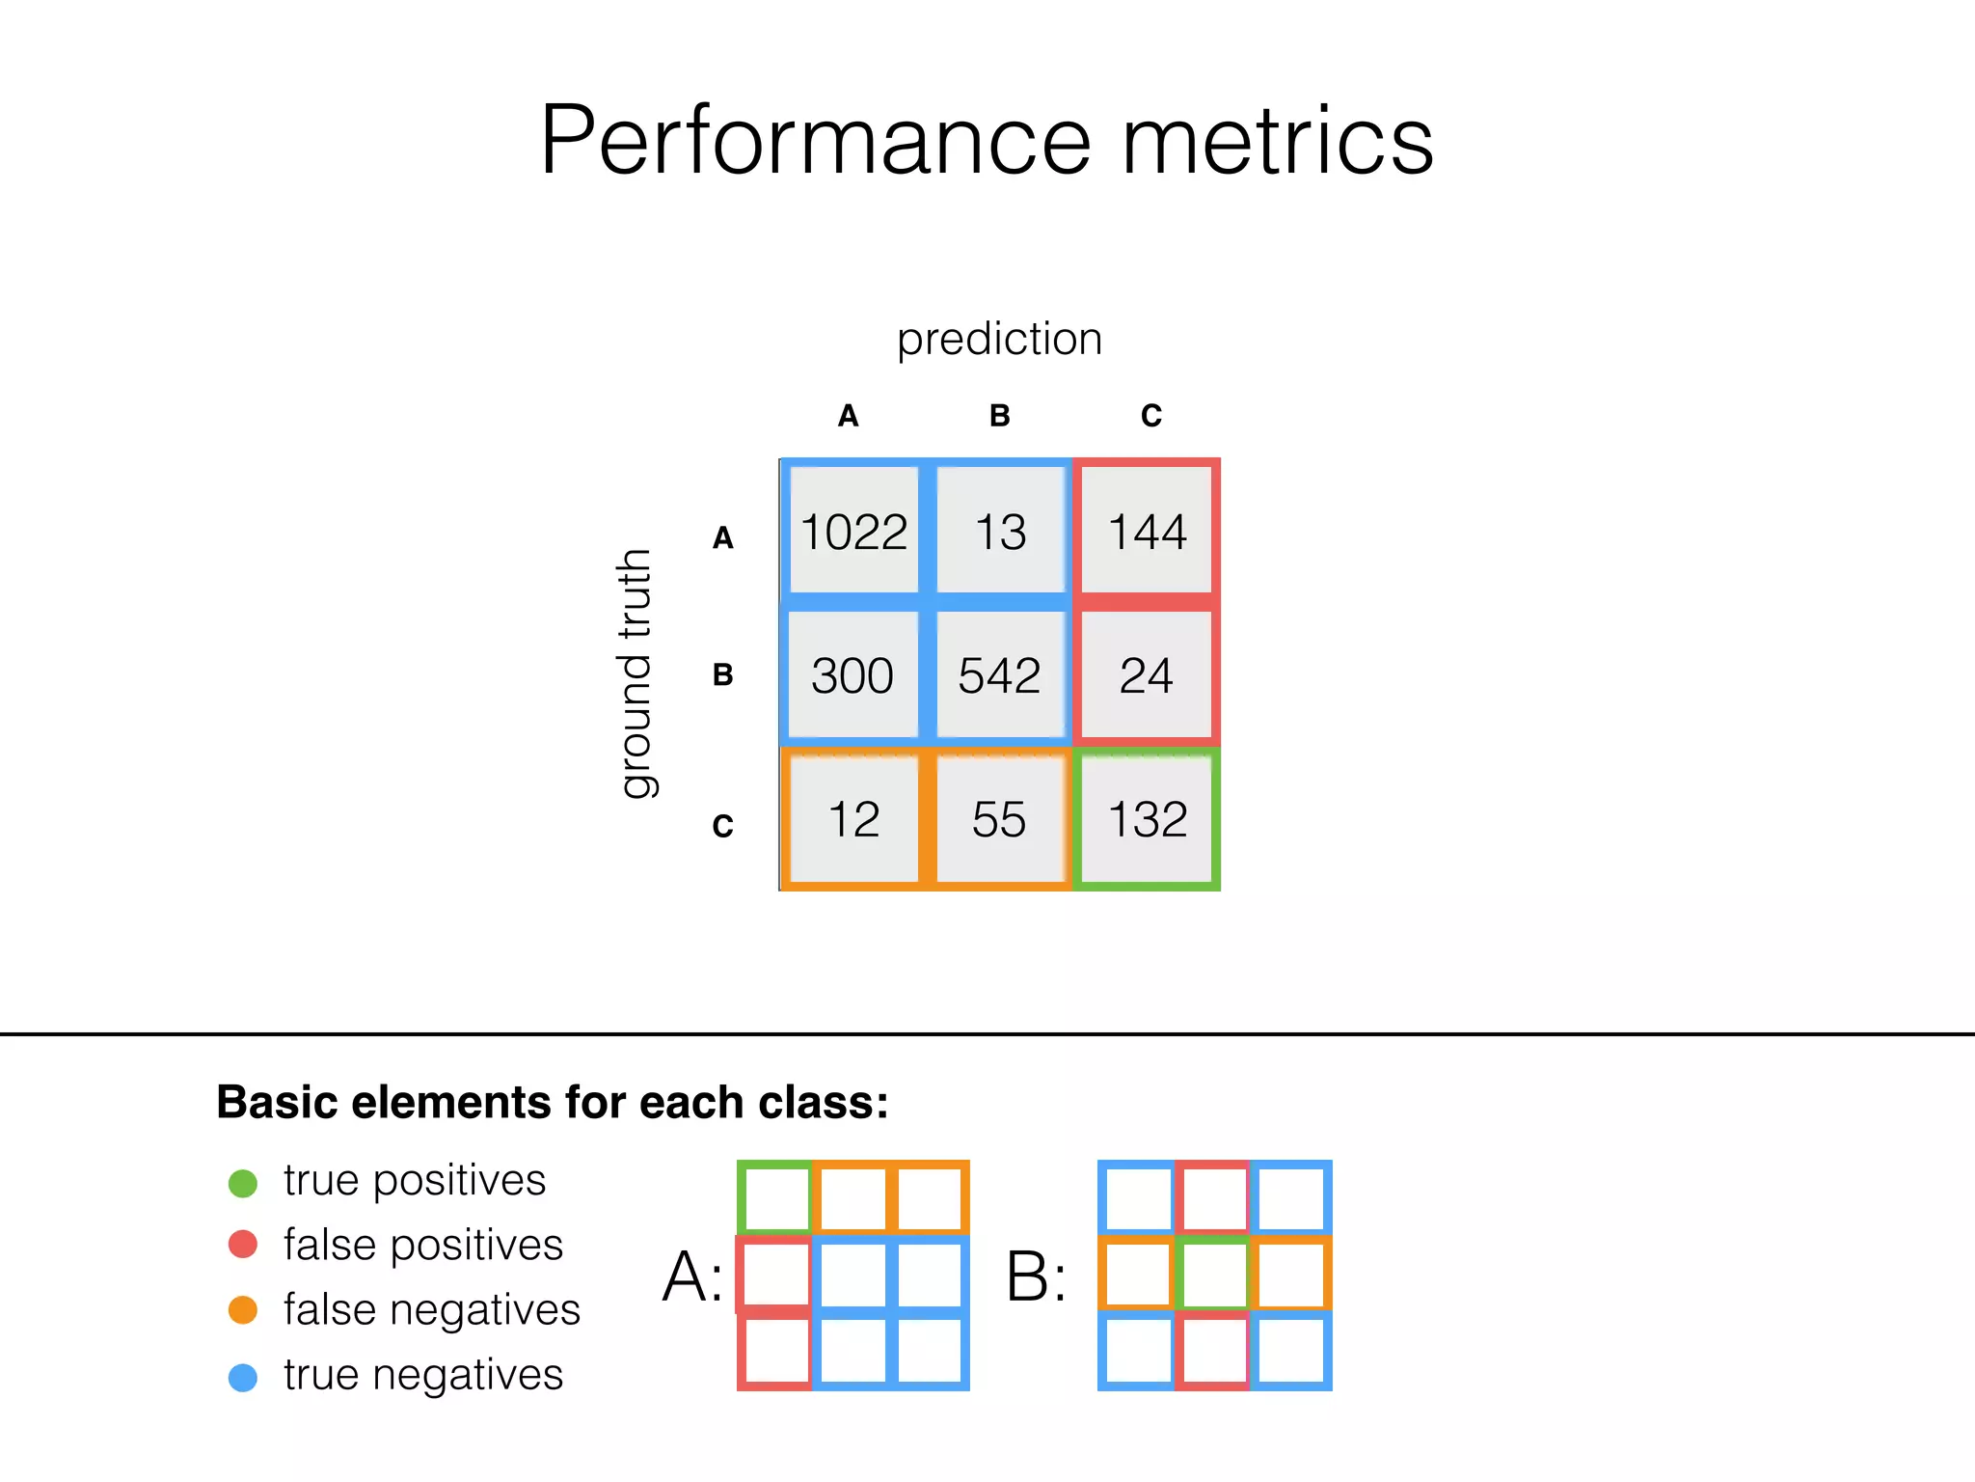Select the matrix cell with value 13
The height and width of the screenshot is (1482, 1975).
click(x=1000, y=532)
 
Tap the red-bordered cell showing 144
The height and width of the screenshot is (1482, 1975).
click(x=1147, y=532)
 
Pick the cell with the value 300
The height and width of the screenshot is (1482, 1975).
click(x=852, y=675)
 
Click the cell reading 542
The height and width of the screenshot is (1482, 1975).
click(x=1000, y=675)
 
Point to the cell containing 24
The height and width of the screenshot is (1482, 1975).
click(x=1147, y=675)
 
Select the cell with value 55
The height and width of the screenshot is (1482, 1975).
click(x=1000, y=819)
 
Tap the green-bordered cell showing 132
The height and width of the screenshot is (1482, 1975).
click(x=1147, y=819)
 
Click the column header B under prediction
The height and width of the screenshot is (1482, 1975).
click(x=1000, y=416)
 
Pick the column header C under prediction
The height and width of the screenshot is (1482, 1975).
click(x=1151, y=416)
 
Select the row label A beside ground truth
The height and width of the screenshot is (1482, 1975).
click(x=723, y=538)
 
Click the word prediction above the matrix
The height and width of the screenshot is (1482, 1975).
click(x=1000, y=339)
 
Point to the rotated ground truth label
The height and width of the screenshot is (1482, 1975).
click(x=636, y=673)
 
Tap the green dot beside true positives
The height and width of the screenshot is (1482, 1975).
click(x=243, y=1183)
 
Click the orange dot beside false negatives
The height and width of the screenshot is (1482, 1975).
click(x=243, y=1310)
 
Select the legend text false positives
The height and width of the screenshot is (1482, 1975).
click(x=422, y=1245)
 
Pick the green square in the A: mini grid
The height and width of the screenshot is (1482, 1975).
click(x=775, y=1197)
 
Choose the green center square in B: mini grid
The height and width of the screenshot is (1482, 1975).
click(x=1214, y=1275)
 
